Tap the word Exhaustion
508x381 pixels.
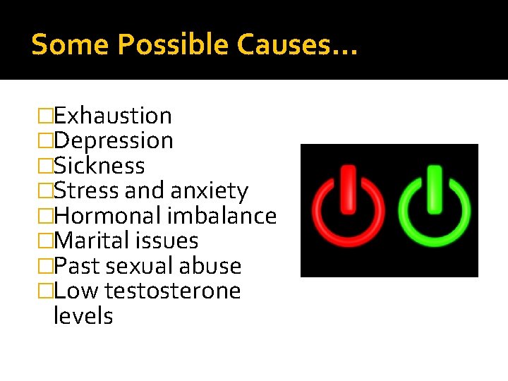click(x=113, y=116)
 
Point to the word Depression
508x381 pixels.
click(x=114, y=141)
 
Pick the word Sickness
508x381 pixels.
click(x=99, y=166)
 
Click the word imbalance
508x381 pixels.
click(x=222, y=216)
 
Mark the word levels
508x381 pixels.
click(x=83, y=315)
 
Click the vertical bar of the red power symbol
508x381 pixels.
click(x=349, y=188)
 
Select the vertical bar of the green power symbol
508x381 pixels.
click(x=434, y=188)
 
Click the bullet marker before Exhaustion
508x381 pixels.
click(x=47, y=116)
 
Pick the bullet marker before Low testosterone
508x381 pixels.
click(x=47, y=291)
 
